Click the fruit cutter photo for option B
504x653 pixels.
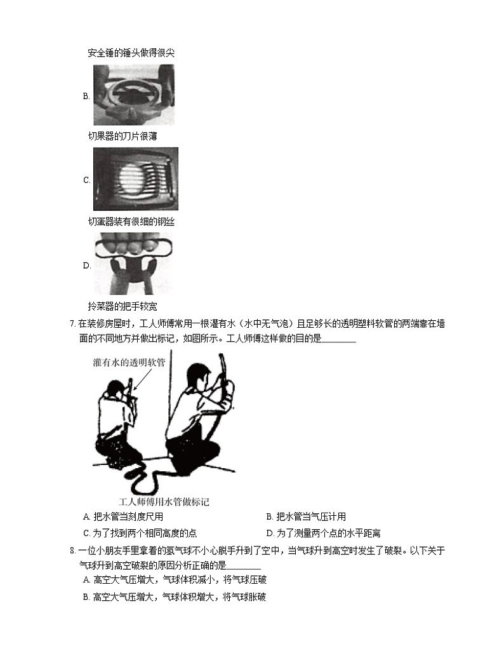134,95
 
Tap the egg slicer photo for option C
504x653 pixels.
135,179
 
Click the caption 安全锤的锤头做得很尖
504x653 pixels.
131,53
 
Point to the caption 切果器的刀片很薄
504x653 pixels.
122,136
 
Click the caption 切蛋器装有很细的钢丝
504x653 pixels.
131,222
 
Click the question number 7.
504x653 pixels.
72,324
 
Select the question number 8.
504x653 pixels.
72,550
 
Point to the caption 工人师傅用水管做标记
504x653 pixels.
164,501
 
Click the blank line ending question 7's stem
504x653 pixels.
339,339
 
